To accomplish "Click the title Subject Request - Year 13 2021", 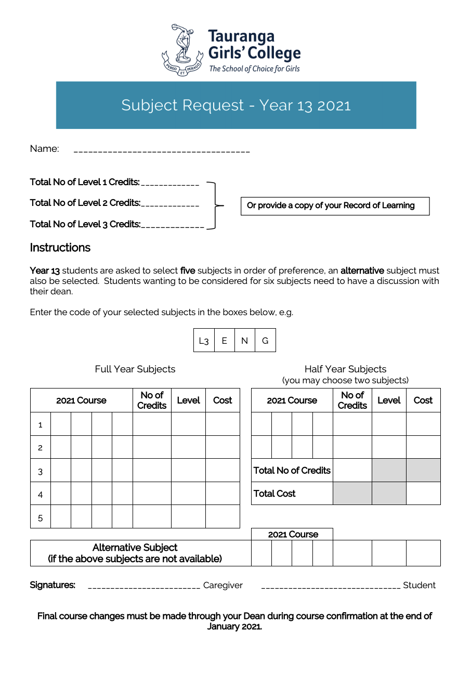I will click(236, 105).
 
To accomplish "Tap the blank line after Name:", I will click(162, 150).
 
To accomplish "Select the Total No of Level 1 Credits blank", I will click(170, 184).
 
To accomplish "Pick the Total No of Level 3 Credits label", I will click(85, 224).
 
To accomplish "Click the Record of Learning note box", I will click(335, 206).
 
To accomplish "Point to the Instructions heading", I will click(60, 248).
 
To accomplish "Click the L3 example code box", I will click(204, 341).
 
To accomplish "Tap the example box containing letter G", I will click(265, 341).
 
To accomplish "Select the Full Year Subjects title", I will click(135, 369).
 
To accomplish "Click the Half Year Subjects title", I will click(345, 369).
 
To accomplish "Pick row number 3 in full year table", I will click(41, 471).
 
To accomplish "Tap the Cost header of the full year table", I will click(223, 400).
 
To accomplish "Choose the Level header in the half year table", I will click(389, 400).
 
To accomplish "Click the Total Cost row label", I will click(274, 494).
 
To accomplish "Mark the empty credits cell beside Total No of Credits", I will click(352, 470).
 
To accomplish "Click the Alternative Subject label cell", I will click(135, 553).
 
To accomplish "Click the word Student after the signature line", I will click(419, 586).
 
